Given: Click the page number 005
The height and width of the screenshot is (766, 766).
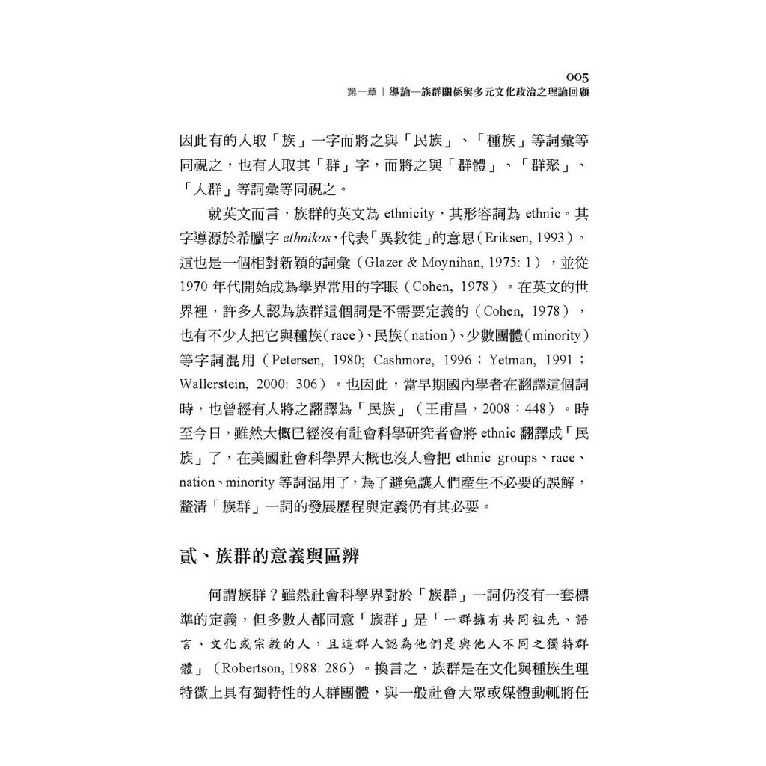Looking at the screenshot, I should (577, 76).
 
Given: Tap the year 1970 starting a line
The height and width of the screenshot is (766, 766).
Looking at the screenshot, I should (195, 287).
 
